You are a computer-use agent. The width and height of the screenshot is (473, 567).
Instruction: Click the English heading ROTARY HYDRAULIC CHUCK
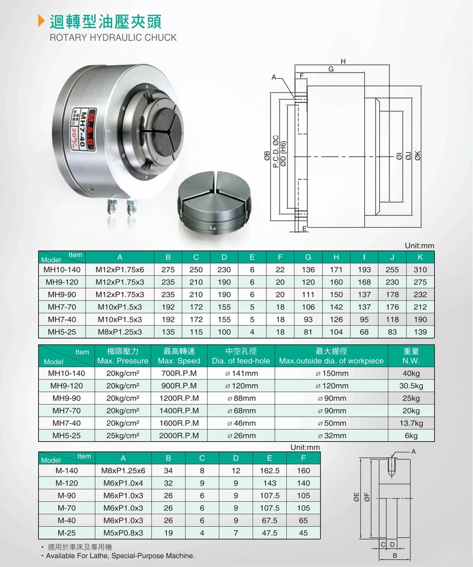click(113, 38)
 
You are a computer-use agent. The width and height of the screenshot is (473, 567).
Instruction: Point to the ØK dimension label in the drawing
click(418, 156)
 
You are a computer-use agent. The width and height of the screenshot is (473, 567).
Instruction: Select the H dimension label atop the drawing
click(343, 61)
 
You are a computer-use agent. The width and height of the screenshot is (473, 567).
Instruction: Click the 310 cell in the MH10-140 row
click(420, 270)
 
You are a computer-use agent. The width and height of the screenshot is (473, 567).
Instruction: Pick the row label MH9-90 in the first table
click(62, 295)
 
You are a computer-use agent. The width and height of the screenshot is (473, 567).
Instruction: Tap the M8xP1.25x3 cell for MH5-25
click(120, 332)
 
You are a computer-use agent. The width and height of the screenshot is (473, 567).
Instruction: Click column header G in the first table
click(308, 257)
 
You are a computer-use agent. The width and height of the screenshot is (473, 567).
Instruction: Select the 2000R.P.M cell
click(179, 436)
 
